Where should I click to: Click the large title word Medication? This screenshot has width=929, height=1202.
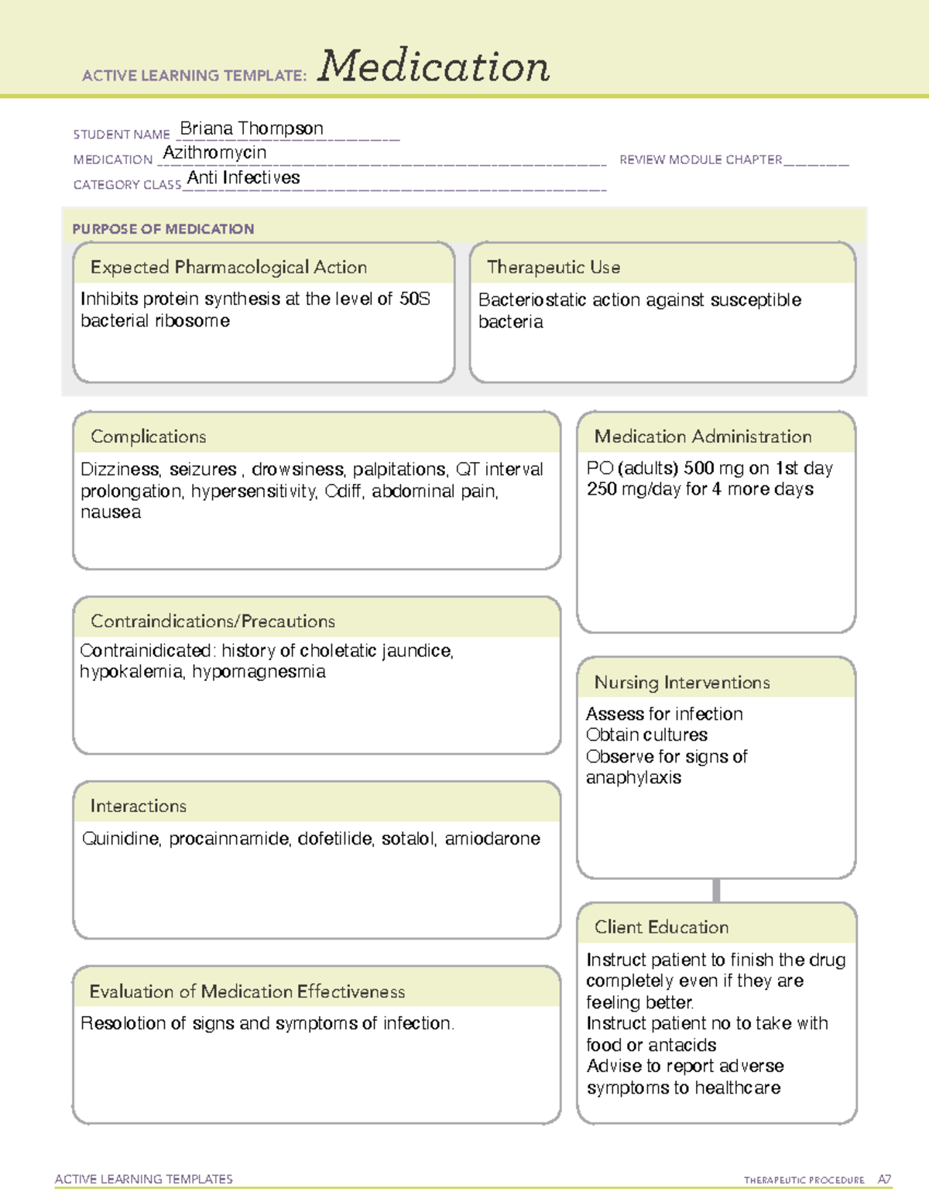pyautogui.click(x=433, y=67)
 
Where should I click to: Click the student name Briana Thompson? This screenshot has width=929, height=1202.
pyautogui.click(x=252, y=128)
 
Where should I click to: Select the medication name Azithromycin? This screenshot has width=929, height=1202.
pyautogui.click(x=214, y=152)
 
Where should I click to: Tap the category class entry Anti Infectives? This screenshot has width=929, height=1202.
pyautogui.click(x=243, y=178)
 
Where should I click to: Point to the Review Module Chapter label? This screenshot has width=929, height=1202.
pyautogui.click(x=701, y=159)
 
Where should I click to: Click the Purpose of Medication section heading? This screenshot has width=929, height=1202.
pyautogui.click(x=163, y=229)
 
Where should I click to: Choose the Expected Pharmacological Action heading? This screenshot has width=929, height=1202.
pyautogui.click(x=228, y=267)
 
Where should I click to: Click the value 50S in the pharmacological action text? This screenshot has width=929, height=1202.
pyautogui.click(x=414, y=300)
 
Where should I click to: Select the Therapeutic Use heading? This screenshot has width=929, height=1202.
pyautogui.click(x=553, y=267)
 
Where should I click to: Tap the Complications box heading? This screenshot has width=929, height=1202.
pyautogui.click(x=148, y=437)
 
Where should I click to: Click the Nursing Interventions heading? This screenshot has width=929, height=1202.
pyautogui.click(x=681, y=683)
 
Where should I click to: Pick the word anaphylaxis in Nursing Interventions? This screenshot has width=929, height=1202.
pyautogui.click(x=633, y=778)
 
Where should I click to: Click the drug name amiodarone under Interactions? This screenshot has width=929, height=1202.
pyautogui.click(x=492, y=839)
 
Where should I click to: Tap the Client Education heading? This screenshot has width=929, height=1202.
pyautogui.click(x=661, y=927)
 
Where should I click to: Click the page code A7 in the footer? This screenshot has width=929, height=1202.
pyautogui.click(x=884, y=1180)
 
